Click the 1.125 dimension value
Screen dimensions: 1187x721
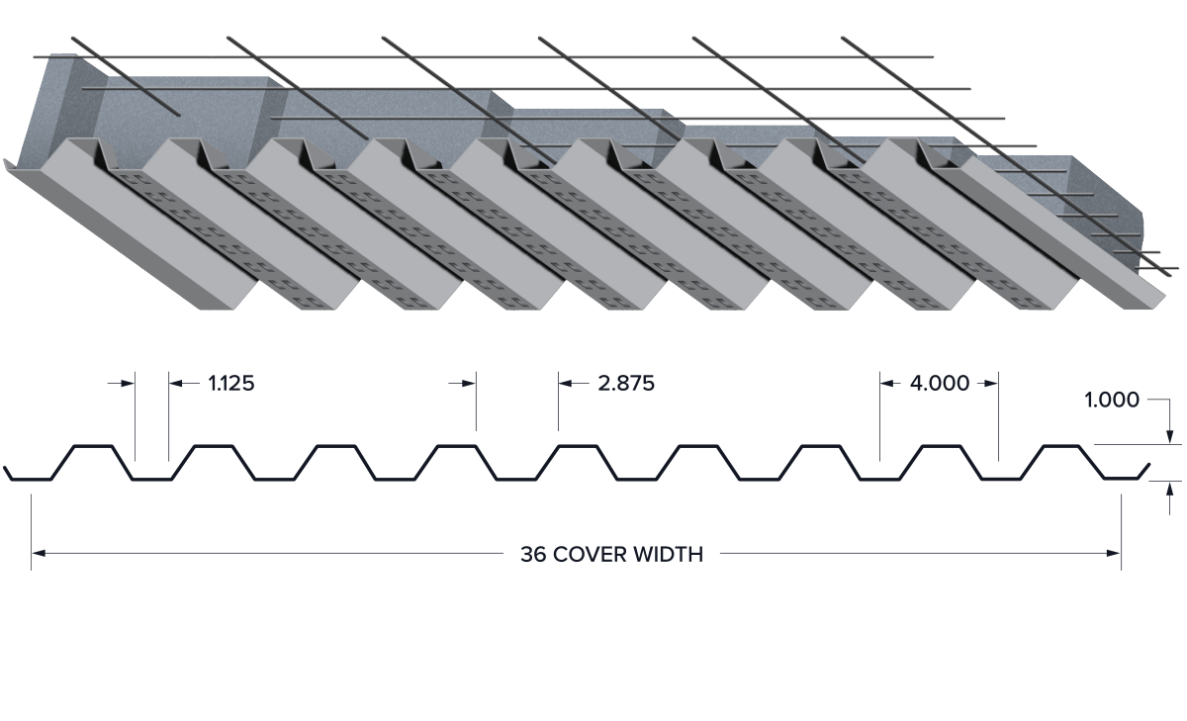tap(231, 383)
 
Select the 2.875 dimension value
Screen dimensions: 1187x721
tap(626, 383)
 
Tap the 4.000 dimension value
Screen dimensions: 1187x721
tap(940, 383)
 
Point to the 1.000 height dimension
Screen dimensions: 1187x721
tap(1112, 400)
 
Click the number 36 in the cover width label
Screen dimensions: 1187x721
tap(533, 555)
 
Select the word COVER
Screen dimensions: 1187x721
tap(590, 555)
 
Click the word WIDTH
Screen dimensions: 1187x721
tap(669, 555)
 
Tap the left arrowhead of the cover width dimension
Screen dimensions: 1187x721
tap(39, 554)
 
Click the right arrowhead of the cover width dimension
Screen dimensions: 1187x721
tap(1114, 554)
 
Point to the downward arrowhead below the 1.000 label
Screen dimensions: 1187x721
tap(1170, 436)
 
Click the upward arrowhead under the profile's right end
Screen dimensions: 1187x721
tap(1170, 489)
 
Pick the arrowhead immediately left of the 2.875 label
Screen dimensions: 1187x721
tap(566, 383)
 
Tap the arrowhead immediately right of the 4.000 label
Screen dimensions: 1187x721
tap(991, 383)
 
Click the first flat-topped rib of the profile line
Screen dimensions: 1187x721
tap(93, 446)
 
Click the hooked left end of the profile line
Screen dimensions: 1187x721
tap(8, 474)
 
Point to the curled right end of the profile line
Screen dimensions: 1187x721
tap(1144, 471)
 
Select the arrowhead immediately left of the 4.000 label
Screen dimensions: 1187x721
tap(888, 383)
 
